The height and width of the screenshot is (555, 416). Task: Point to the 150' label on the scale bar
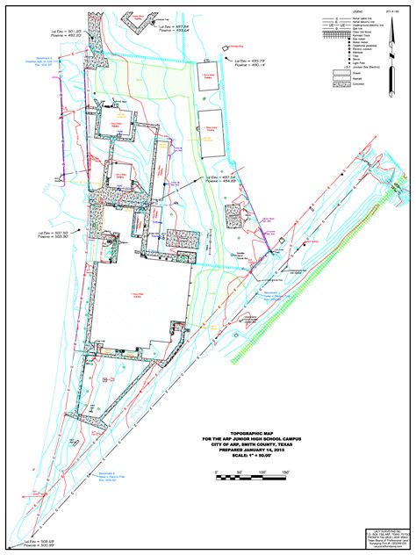286,472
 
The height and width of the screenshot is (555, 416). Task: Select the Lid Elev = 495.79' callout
249,61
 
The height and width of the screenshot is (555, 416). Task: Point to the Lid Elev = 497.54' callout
221,179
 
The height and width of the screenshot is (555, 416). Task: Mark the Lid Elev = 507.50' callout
54,234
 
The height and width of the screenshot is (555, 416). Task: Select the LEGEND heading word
355,11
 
